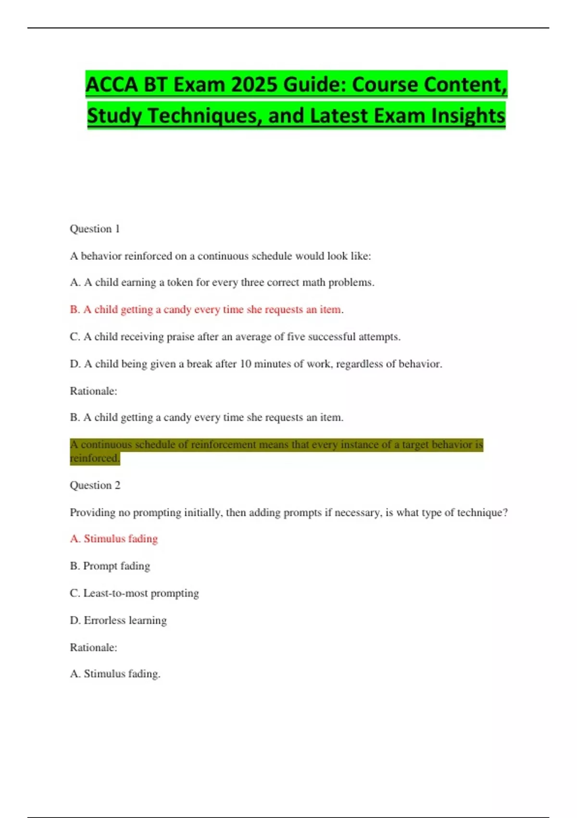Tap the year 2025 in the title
(x=253, y=85)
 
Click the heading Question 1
(x=95, y=229)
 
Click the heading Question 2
(x=95, y=485)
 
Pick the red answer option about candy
(x=206, y=309)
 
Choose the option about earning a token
(x=222, y=282)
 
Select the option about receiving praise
(x=235, y=337)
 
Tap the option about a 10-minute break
(x=256, y=364)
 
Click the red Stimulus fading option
(x=114, y=538)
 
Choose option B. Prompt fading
(x=110, y=566)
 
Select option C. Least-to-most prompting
(x=134, y=593)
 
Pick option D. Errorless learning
(x=118, y=620)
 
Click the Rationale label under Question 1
(x=93, y=391)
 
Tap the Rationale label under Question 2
(x=93, y=647)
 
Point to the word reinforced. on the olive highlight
(x=94, y=458)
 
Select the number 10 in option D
(x=245, y=364)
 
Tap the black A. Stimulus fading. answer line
(x=115, y=674)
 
